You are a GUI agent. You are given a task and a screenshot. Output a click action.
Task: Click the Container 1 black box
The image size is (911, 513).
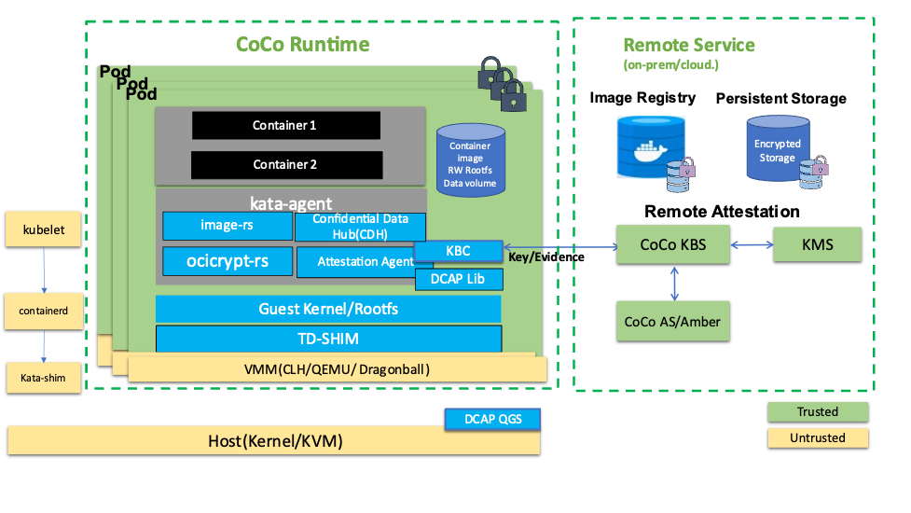pyautogui.click(x=285, y=125)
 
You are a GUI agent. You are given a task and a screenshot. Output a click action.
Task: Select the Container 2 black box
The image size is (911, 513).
pyautogui.click(x=285, y=164)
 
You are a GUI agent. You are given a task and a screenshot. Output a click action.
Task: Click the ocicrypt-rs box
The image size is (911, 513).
pyautogui.click(x=227, y=261)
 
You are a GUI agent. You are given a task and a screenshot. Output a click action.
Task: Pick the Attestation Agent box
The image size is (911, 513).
pyautogui.click(x=354, y=262)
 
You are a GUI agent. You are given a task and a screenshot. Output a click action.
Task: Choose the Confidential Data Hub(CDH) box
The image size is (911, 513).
pyautogui.click(x=360, y=226)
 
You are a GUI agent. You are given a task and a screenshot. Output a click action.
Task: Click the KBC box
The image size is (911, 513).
pyautogui.click(x=458, y=251)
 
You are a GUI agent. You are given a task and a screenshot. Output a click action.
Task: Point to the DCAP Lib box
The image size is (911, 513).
pyautogui.click(x=458, y=278)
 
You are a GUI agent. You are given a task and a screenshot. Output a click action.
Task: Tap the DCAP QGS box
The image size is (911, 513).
pyautogui.click(x=493, y=420)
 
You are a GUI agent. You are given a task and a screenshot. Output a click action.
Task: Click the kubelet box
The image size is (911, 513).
pyautogui.click(x=43, y=229)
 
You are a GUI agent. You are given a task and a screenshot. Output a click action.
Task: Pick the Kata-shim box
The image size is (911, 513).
pyautogui.click(x=43, y=378)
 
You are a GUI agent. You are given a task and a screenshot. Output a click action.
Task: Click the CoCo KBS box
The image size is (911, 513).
pyautogui.click(x=672, y=245)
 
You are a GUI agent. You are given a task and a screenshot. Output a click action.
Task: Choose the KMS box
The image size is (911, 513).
pyautogui.click(x=817, y=245)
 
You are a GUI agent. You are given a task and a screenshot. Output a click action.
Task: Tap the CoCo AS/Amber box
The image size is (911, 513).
pyautogui.click(x=672, y=321)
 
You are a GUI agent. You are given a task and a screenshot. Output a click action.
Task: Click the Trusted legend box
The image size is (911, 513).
pyautogui.click(x=817, y=411)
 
